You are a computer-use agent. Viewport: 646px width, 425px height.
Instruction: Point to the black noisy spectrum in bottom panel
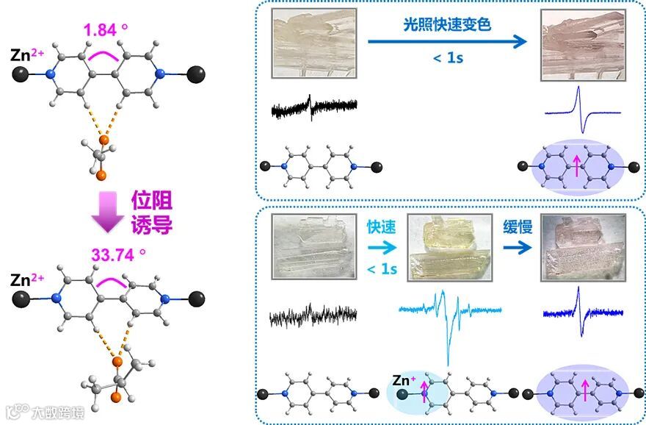tap(313, 318)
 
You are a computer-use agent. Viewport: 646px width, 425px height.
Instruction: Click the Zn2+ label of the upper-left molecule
tap(28, 54)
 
